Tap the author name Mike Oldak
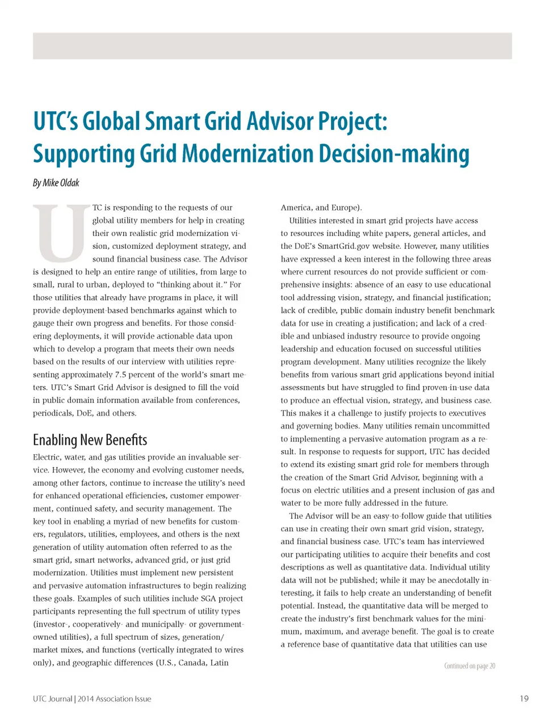[x=61, y=183]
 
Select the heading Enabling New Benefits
[x=90, y=440]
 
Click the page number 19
[x=524, y=699]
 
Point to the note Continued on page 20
[x=469, y=666]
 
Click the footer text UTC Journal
[x=52, y=699]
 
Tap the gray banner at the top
[x=272, y=46]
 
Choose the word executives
[x=463, y=413]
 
